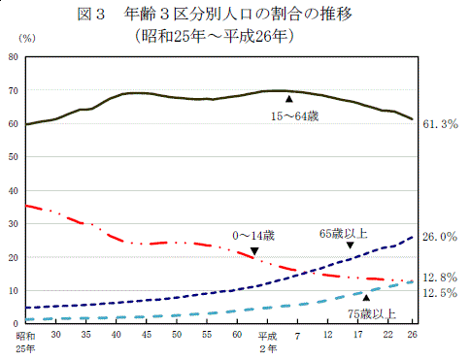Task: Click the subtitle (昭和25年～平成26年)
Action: (216, 36)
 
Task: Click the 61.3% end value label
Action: (440, 124)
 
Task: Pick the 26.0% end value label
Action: (440, 237)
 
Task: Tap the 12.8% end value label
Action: (440, 277)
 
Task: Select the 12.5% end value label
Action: (440, 292)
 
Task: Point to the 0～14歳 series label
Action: (254, 235)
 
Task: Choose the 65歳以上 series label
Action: (343, 233)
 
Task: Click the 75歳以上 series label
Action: (372, 312)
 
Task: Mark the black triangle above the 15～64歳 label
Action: (288, 99)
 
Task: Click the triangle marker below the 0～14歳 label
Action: (254, 251)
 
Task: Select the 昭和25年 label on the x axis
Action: (26, 340)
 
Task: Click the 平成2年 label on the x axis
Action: (267, 340)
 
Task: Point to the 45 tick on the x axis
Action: (146, 334)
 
